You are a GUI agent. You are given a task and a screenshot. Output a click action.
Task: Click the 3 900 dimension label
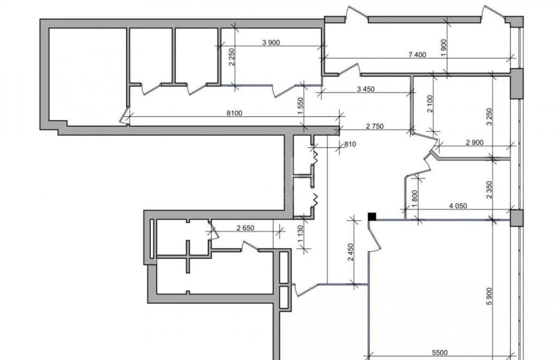(x=271, y=43)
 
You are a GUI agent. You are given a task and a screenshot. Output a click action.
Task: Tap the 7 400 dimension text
(x=417, y=55)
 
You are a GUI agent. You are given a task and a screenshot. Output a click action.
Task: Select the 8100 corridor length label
(x=234, y=113)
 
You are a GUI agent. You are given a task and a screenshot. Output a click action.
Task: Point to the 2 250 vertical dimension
(x=231, y=57)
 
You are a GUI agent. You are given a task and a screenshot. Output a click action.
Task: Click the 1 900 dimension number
(x=444, y=48)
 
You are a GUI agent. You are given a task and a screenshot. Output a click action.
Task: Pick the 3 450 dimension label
(x=366, y=89)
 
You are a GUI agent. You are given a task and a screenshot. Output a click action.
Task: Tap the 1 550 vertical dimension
(x=301, y=106)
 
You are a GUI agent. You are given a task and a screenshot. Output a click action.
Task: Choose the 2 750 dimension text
(x=375, y=126)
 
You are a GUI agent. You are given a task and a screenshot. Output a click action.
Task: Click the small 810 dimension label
(x=350, y=144)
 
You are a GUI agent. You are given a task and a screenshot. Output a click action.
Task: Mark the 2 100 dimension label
(x=430, y=104)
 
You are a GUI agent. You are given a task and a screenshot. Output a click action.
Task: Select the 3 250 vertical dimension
(x=489, y=117)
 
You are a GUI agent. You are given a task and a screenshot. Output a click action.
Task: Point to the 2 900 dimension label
(x=475, y=142)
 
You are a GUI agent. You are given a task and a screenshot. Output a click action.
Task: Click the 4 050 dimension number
(x=458, y=206)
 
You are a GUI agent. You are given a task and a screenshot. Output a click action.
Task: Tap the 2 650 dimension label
(x=246, y=228)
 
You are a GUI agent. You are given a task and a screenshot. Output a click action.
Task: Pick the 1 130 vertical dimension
(x=301, y=234)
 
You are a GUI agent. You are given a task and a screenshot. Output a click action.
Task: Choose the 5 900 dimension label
(x=489, y=296)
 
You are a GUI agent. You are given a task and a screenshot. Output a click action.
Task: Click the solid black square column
(x=372, y=216)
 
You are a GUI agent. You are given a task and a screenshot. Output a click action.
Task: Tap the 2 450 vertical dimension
(x=350, y=252)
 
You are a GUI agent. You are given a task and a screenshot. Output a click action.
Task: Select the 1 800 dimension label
(x=415, y=199)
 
